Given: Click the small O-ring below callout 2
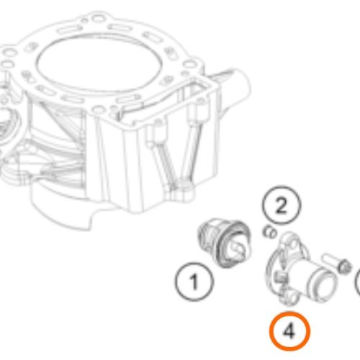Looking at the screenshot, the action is tap(269, 232).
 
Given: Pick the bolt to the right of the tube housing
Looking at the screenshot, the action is tap(336, 263).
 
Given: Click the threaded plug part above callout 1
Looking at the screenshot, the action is tap(225, 243).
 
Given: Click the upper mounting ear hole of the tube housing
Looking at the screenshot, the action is tap(293, 244).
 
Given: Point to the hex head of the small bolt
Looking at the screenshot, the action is tap(344, 266).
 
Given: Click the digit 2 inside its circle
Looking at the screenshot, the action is tap(282, 206).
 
